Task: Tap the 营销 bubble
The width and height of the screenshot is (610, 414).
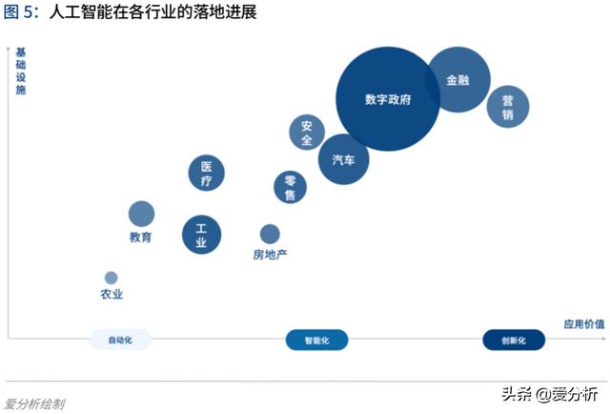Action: click(508, 106)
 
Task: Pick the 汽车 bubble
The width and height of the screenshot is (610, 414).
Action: click(344, 159)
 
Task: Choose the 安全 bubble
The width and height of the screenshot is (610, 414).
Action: click(307, 133)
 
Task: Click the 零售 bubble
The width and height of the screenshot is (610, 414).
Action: click(291, 188)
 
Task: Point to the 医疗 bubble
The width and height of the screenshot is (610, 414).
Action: click(207, 173)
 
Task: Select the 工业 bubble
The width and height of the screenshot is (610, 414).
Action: click(201, 235)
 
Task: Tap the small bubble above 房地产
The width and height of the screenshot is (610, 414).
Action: click(270, 234)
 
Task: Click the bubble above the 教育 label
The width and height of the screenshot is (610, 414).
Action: click(141, 214)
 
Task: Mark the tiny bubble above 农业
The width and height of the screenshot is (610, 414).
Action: click(112, 278)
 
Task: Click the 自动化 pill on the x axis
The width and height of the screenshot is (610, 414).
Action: click(120, 340)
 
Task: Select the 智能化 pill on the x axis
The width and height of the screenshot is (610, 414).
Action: click(317, 340)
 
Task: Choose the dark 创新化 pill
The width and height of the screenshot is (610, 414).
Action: click(513, 340)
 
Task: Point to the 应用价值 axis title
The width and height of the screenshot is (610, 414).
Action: click(583, 324)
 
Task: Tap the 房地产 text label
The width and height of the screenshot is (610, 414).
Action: click(270, 255)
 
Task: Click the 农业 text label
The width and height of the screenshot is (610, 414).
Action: click(112, 295)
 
